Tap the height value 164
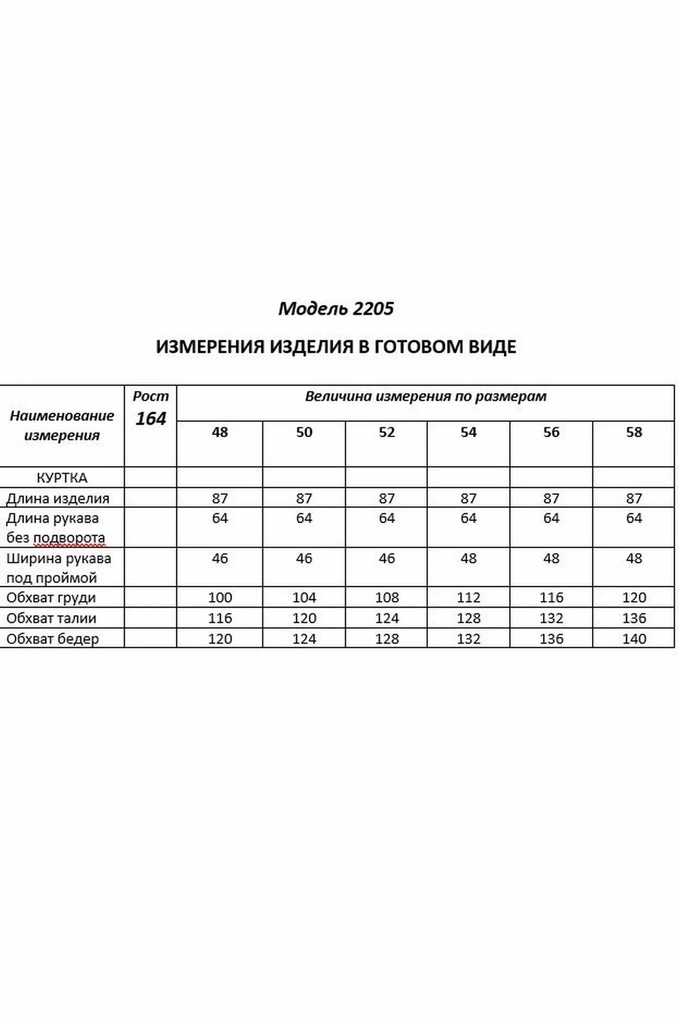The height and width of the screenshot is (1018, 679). pos(151,419)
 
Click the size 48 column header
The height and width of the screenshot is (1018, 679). pos(220,432)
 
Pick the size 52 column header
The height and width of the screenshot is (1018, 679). pos(387,432)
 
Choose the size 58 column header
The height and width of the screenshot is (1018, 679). pos(634,432)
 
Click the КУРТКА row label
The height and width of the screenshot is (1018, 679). pos(62,478)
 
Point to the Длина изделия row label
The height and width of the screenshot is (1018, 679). pos(58,498)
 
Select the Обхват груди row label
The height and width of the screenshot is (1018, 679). pos(51,598)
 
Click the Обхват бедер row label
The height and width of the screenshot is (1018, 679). pos(52,639)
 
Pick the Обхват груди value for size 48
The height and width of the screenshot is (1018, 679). pos(220,598)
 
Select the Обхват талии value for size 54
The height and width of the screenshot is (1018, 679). pos(468,618)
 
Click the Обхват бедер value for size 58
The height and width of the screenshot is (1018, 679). pos(634,639)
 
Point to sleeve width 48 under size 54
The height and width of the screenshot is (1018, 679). pos(468,558)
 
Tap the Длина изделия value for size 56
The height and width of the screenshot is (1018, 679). pos(551,498)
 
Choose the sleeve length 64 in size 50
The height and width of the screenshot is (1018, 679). pos(304,518)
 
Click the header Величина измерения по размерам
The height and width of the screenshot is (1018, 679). pos(425,397)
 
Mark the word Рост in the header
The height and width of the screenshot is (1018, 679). pos(151,397)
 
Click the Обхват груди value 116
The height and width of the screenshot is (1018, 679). pos(551,598)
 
